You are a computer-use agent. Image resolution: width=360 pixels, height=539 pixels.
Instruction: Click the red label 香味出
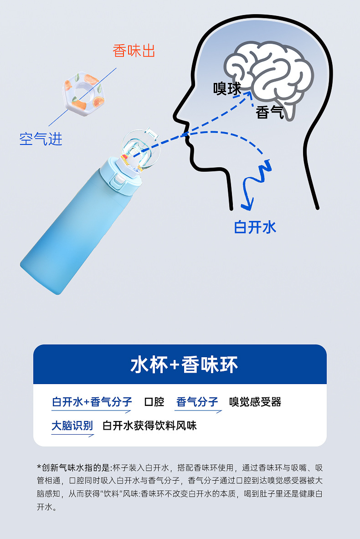tap(134, 51)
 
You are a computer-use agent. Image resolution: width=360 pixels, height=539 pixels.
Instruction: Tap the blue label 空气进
tap(41, 139)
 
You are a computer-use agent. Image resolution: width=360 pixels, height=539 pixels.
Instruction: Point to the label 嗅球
tap(227, 88)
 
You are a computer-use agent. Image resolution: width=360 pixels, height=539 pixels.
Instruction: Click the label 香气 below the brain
tap(270, 112)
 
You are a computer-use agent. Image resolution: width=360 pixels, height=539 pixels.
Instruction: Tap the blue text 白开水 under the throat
tap(255, 226)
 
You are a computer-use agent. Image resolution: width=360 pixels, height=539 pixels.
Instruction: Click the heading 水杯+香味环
tap(184, 364)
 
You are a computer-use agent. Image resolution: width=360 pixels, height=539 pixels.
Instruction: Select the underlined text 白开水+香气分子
tap(92, 402)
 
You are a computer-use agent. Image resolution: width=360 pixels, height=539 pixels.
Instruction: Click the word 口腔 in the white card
tap(154, 402)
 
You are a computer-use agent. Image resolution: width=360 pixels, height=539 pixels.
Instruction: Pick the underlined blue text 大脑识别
tap(72, 426)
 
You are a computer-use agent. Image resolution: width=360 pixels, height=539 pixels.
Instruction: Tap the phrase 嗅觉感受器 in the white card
tap(255, 402)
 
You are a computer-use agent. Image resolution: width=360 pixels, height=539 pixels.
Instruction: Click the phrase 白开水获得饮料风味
tap(149, 426)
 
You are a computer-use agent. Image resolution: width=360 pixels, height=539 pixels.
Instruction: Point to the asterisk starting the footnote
tap(39, 467)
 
